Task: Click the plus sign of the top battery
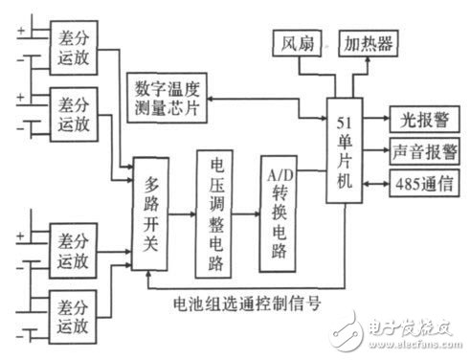tap(18, 28)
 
